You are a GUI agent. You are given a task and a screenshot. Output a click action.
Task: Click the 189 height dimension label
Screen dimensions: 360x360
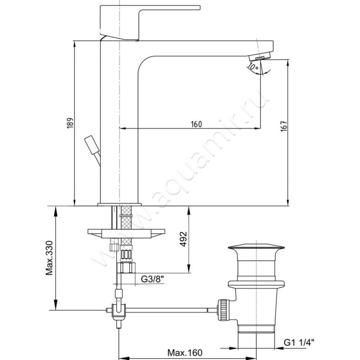(x=70, y=123)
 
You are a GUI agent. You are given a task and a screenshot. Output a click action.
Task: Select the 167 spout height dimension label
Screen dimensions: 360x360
(x=284, y=126)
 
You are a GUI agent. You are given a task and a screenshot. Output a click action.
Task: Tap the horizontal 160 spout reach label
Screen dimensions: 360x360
(x=196, y=124)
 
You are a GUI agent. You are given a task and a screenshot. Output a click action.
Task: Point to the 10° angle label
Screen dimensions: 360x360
(x=253, y=67)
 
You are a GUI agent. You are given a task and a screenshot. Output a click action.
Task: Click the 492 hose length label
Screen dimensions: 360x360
(x=183, y=239)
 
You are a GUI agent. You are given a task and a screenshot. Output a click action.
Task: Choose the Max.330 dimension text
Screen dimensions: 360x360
(x=49, y=258)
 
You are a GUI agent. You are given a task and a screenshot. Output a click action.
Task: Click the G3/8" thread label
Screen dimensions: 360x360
(x=153, y=279)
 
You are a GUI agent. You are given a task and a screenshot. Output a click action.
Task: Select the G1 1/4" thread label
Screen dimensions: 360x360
(x=299, y=343)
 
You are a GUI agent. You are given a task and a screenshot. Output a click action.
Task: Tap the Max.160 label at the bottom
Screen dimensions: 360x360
(x=185, y=352)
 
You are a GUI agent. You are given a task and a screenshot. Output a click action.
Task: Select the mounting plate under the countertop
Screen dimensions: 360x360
(x=126, y=234)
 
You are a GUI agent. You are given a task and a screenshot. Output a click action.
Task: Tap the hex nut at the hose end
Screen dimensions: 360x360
(x=126, y=268)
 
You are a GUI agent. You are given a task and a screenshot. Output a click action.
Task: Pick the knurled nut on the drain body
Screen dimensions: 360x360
(x=224, y=309)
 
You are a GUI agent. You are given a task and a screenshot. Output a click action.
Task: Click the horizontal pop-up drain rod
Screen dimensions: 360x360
(x=170, y=310)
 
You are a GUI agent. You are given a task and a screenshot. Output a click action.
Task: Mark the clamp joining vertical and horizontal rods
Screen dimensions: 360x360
(x=119, y=311)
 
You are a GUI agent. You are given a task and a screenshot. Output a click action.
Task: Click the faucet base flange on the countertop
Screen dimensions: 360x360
(x=119, y=204)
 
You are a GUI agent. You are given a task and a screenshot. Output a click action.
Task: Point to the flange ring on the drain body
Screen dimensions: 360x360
(x=256, y=284)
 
